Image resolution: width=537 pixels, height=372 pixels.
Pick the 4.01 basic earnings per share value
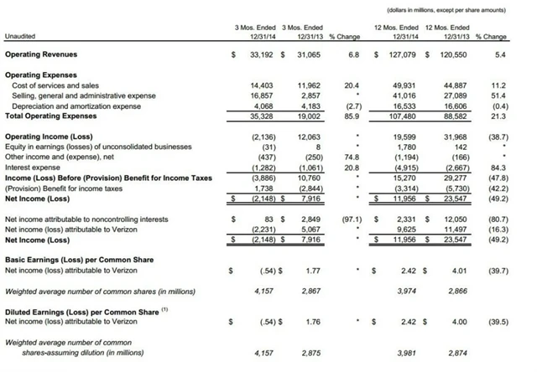(x=456, y=271)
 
